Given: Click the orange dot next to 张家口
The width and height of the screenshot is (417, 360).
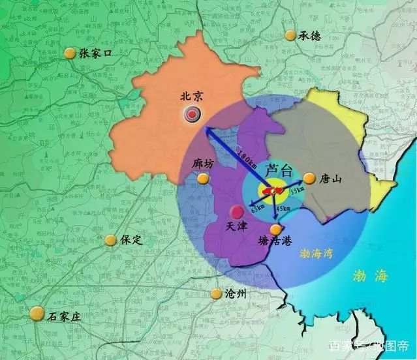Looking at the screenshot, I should pyautogui.click(x=69, y=53).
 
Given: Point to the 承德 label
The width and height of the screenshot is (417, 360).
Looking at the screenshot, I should pyautogui.click(x=311, y=37).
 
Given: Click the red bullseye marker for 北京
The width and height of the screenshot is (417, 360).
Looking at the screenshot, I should pyautogui.click(x=191, y=115).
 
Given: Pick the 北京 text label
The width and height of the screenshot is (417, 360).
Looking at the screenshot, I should pyautogui.click(x=192, y=96).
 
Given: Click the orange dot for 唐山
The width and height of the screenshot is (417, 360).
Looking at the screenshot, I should pyautogui.click(x=309, y=177).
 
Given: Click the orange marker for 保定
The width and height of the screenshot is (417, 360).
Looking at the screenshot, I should pyautogui.click(x=111, y=240).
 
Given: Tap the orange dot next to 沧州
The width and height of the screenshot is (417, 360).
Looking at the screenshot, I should pyautogui.click(x=216, y=294).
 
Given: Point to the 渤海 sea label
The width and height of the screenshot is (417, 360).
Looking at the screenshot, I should pyautogui.click(x=369, y=275).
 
